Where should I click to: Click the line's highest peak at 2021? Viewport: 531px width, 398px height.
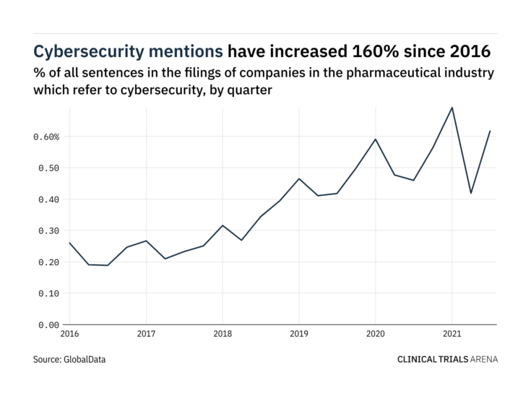(452, 108)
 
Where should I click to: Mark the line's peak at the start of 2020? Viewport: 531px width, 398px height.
(376, 139)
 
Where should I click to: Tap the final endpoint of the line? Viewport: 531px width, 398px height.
(491, 131)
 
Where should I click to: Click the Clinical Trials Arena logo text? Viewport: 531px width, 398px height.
(447, 358)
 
